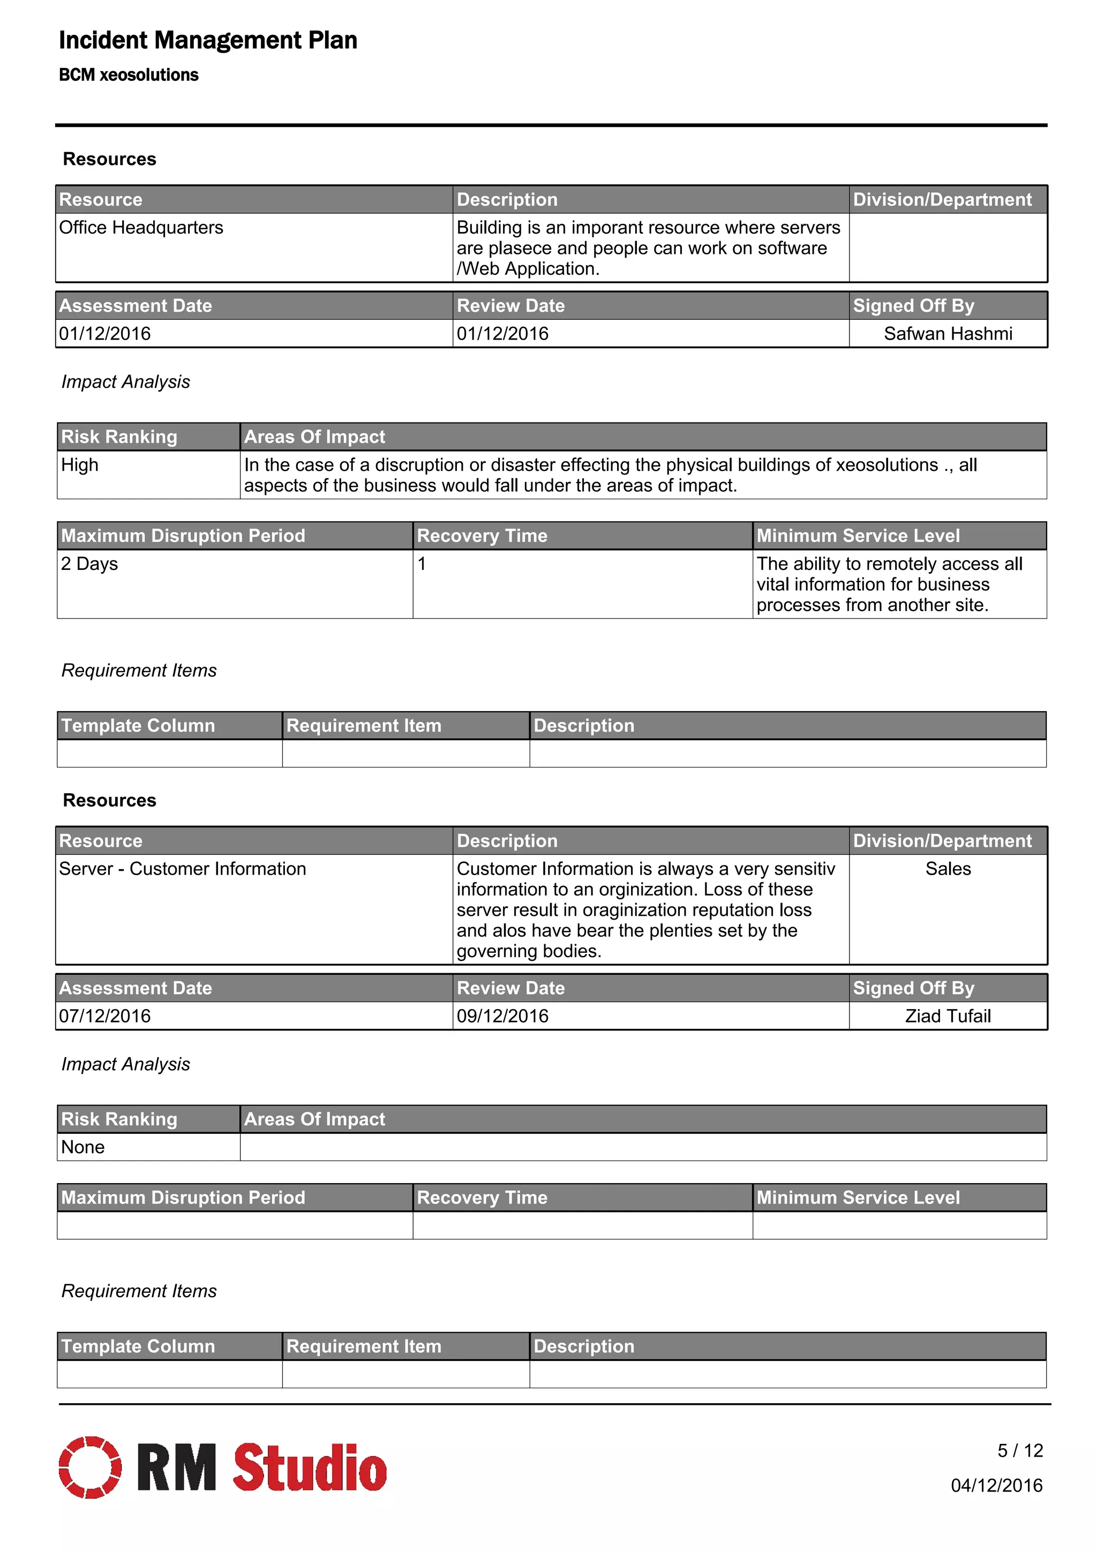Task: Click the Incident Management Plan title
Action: [x=207, y=41]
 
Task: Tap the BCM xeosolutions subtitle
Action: [x=129, y=75]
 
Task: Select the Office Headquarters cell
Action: [x=141, y=228]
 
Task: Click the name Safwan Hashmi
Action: [x=947, y=334]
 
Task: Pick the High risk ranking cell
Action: [x=80, y=465]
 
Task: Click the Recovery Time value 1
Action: [x=422, y=563]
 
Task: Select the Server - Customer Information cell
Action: [x=182, y=869]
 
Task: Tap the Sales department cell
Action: [x=948, y=869]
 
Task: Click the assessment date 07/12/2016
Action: [x=104, y=1016]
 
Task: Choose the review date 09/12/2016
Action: [x=502, y=1016]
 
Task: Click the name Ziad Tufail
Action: [x=948, y=1016]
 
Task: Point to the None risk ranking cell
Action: [x=83, y=1147]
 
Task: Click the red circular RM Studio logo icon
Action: [x=90, y=1467]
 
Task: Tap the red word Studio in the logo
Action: [x=310, y=1467]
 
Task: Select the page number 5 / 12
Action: [x=1020, y=1450]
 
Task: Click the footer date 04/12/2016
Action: [x=996, y=1486]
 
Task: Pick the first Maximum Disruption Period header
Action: [x=183, y=536]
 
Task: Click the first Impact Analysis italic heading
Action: [x=126, y=382]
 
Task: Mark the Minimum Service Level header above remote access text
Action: [x=858, y=536]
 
